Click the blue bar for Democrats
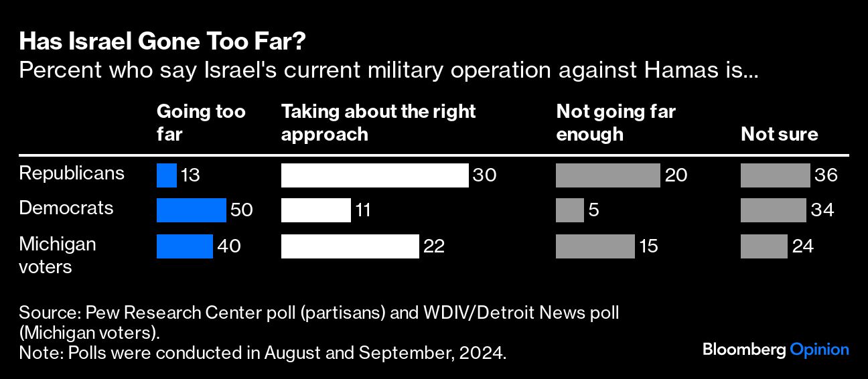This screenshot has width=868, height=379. [191, 210]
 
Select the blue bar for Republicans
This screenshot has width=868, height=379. [166, 175]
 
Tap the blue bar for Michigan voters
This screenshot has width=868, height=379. [184, 246]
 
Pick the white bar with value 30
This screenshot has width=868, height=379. [374, 175]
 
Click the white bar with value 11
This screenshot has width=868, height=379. [315, 210]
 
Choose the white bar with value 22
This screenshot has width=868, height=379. [350, 246]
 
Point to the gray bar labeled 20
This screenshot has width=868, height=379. [607, 175]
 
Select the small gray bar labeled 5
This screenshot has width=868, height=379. [569, 210]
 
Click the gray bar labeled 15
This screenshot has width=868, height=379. [595, 246]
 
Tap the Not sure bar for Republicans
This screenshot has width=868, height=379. [775, 175]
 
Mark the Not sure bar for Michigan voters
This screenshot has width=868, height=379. [764, 246]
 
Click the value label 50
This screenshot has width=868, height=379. [241, 210]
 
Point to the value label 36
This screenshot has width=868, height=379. [826, 176]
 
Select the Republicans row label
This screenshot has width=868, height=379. [72, 173]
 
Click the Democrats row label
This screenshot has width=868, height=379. [66, 208]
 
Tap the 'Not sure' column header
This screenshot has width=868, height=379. [779, 134]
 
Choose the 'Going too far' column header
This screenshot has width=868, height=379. [200, 123]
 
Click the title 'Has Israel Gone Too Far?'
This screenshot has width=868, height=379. [163, 42]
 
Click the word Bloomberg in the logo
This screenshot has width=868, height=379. [743, 350]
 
